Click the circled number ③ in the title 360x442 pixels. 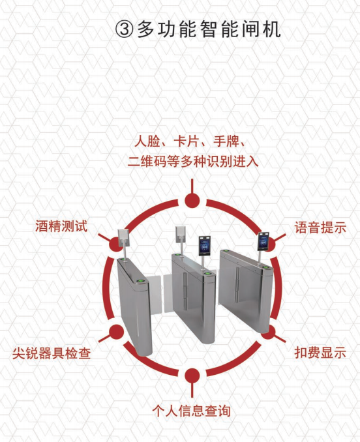point(124,29)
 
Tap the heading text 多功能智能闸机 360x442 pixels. point(209,29)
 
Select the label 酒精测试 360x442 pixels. point(61,226)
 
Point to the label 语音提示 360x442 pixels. point(320,228)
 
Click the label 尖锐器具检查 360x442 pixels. point(52,353)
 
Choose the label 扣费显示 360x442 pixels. point(320,353)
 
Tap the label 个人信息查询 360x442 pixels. point(192,411)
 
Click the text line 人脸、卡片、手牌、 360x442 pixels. point(190,141)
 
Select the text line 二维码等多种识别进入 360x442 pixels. point(193,162)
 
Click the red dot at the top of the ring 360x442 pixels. point(192,201)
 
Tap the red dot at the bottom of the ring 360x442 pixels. point(192,376)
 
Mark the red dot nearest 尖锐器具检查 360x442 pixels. point(116,332)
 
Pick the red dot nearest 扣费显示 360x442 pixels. point(269,332)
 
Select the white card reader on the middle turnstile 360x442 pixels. point(181,234)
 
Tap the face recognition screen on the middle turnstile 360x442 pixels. point(205,246)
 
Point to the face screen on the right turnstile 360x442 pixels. point(264,241)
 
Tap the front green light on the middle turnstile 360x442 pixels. point(207,273)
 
